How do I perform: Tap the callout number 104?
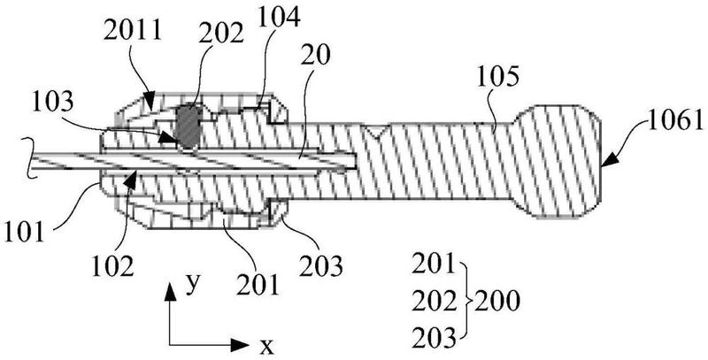coord(278,19)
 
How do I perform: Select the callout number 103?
coord(52,103)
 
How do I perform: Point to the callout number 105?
coord(497,79)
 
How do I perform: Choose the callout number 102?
coord(113,266)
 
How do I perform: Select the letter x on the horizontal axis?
coord(266,347)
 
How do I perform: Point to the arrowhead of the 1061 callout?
coord(610,160)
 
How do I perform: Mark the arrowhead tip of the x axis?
coord(250,346)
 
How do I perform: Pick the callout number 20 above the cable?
coord(316,55)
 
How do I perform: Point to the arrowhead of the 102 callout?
coord(130,177)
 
